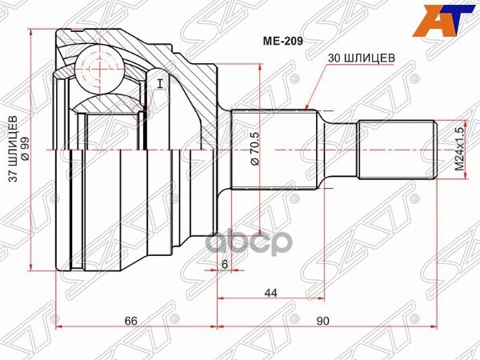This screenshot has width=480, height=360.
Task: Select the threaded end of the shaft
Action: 395,150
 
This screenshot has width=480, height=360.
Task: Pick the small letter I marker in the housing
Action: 160,83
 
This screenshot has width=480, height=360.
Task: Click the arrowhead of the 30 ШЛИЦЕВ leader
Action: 308,106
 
